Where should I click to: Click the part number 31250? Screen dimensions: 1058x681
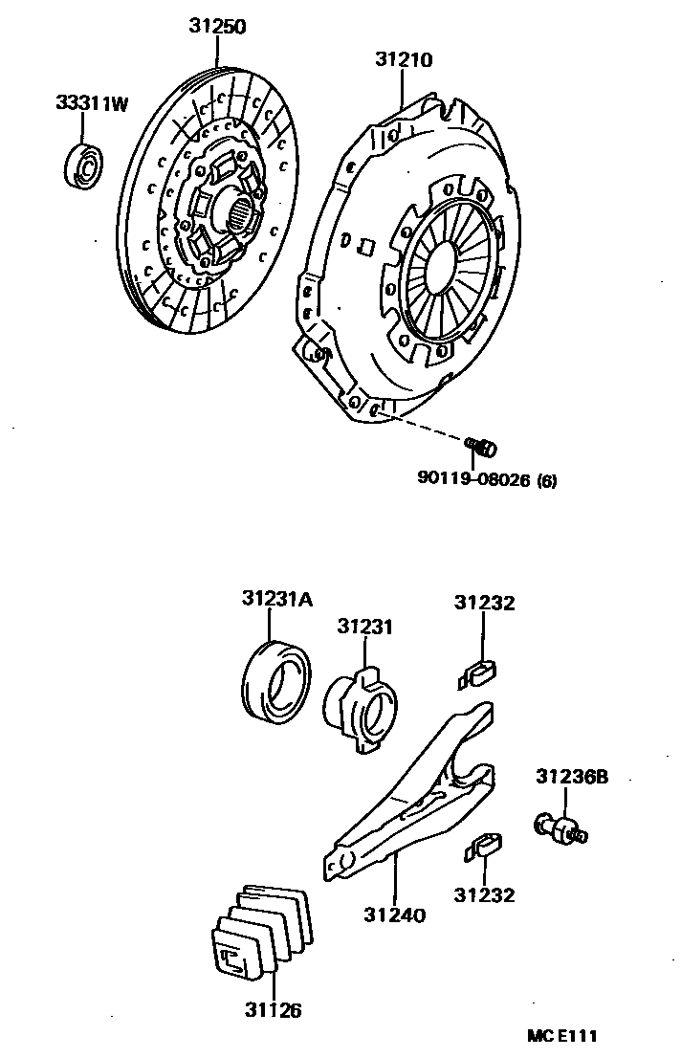(215, 27)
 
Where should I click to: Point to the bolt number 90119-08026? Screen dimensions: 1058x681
(473, 480)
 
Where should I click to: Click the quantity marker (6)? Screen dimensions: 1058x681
(546, 481)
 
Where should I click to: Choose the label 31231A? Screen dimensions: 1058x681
(276, 599)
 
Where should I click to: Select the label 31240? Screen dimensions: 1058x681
(394, 915)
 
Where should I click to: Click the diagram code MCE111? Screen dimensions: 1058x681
(563, 1036)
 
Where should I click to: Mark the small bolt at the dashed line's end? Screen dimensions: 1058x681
(485, 446)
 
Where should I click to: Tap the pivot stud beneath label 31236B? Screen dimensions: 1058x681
(560, 827)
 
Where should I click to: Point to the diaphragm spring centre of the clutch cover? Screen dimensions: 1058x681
(447, 270)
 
